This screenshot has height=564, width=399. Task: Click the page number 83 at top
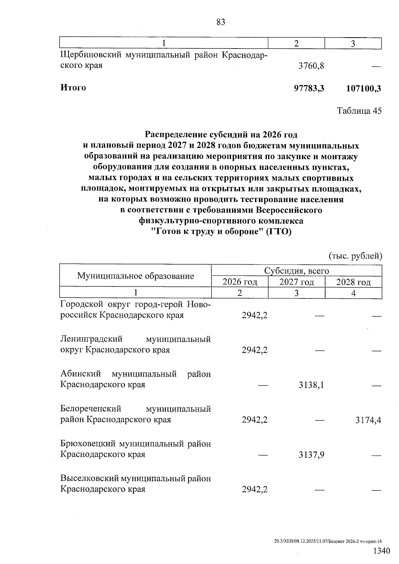pos(220,22)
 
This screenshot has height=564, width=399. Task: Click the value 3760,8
pos(311,66)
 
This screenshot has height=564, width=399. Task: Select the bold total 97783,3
pos(309,88)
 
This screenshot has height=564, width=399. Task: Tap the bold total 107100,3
pos(363,88)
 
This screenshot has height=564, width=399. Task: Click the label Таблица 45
pos(359,111)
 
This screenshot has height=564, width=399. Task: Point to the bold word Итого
pos(73,88)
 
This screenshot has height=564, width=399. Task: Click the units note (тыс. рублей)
pos(355,256)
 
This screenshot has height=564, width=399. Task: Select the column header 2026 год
pos(240,282)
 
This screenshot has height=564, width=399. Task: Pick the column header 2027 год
pos(297,282)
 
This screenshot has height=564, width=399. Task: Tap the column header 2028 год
pos(353,282)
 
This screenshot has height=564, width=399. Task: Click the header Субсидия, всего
pos(297,271)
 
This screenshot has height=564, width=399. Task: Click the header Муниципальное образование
pos(135,276)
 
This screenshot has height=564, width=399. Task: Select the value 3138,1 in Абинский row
pos(311,385)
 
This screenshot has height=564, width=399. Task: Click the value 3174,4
pos(368,420)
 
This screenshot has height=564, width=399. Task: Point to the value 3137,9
pos(311,455)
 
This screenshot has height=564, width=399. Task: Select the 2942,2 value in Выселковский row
pos(254,490)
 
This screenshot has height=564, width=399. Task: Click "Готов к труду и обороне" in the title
pos(206,232)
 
